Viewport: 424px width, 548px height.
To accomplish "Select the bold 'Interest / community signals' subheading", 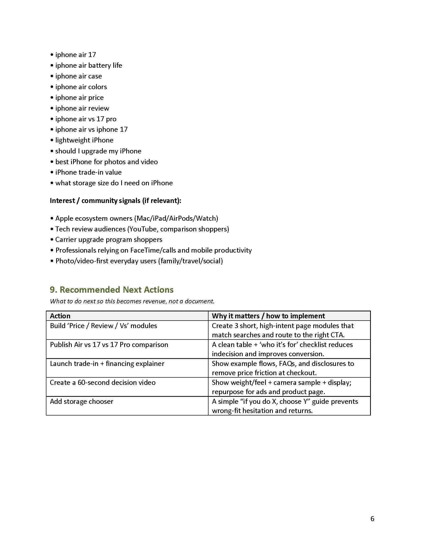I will (115, 201).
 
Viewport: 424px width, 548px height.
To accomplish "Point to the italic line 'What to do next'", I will (132, 301).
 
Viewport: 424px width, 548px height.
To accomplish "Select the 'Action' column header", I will (60, 316).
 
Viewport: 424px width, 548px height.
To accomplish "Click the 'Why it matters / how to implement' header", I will (268, 316).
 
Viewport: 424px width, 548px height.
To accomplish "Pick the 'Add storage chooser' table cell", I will (81, 402).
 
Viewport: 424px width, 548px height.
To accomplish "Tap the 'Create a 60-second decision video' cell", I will (103, 382).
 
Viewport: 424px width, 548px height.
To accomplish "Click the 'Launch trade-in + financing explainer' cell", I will (107, 364).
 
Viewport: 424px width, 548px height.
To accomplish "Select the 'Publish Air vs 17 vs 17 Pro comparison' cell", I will (109, 345).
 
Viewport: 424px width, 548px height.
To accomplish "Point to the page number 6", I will (372, 519).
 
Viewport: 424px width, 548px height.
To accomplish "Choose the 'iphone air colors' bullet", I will (81, 87).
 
